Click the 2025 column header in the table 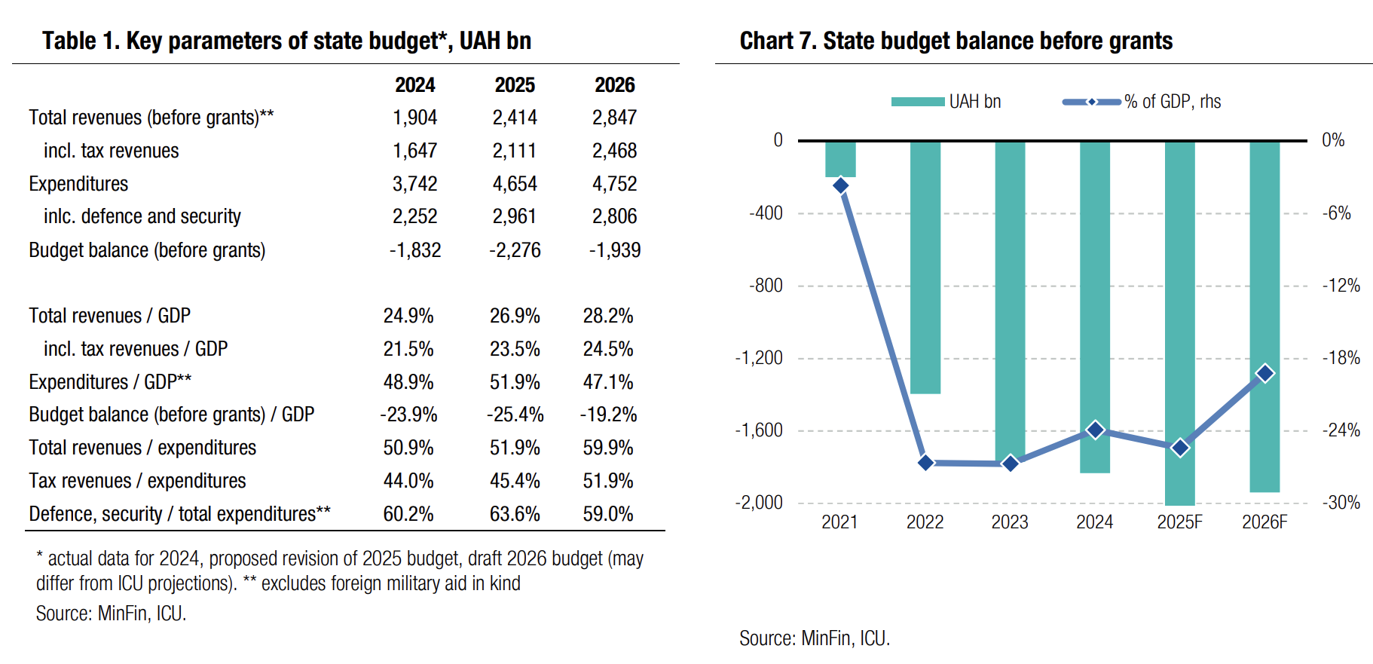515,85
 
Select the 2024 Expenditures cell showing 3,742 414,184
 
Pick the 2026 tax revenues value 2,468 614,151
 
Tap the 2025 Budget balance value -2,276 515,250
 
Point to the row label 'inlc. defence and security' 142,217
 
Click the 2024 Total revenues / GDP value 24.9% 408,316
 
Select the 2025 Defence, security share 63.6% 515,514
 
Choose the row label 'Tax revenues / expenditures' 137,481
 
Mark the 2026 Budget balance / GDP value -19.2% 608,415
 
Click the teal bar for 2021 840,159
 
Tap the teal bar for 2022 925,268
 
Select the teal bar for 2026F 1264,317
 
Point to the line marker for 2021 841,185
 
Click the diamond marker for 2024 1096,430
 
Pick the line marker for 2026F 1265,373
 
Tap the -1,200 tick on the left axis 759,358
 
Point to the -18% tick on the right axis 1341,358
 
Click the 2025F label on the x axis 1179,522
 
